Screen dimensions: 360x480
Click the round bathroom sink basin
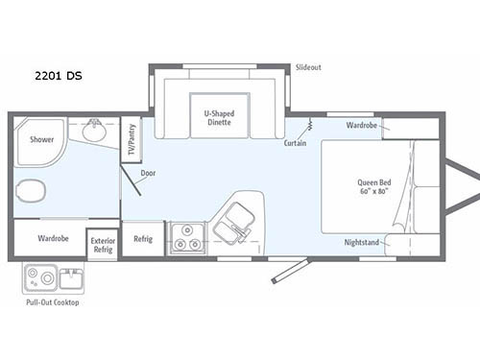click(x=94, y=132)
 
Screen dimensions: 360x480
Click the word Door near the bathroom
click(x=148, y=174)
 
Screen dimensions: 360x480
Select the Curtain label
click(x=296, y=143)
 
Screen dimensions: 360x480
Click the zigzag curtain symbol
click(x=309, y=126)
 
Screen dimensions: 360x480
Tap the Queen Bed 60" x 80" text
click(x=374, y=188)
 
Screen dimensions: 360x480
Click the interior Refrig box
click(x=143, y=239)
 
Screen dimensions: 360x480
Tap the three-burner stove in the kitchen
click(x=186, y=237)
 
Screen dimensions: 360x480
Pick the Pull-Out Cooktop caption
click(x=53, y=302)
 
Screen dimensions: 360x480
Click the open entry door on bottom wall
click(x=291, y=270)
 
